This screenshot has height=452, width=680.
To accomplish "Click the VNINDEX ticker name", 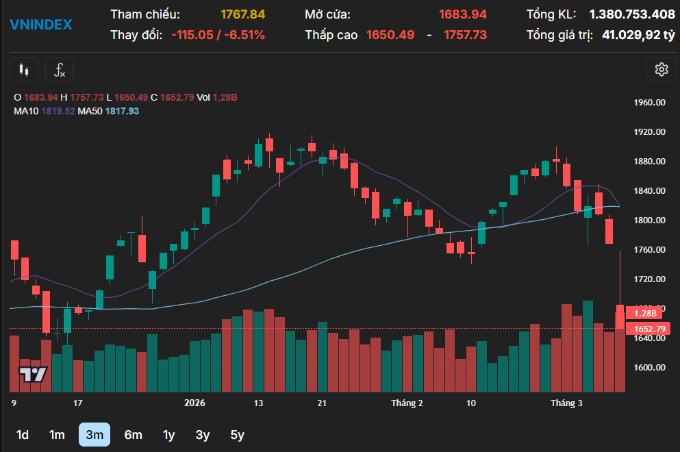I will coord(40,25).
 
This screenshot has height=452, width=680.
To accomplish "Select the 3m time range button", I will coord(95,434).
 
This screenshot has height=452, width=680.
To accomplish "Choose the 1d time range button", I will coord(23,434).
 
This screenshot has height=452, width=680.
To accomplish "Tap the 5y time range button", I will coord(237,434).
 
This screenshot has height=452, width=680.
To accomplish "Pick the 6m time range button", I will coord(133,434).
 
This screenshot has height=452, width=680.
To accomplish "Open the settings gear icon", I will coord(661,69).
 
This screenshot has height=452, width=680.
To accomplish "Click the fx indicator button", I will coord(60,69).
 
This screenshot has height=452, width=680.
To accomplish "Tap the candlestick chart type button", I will coord(25,69).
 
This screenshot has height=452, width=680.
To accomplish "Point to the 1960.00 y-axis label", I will coord(650,103).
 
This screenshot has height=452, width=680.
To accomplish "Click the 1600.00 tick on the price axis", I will coord(650,367).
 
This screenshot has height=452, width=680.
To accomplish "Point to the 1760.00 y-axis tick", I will coord(650,249).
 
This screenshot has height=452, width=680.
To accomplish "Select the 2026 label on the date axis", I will coord(195,403).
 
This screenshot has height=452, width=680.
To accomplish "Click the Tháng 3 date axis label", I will coord(566,403).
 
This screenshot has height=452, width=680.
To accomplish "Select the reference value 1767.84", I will coord(242,14).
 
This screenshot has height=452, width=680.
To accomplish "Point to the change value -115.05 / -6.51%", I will coord(218,35).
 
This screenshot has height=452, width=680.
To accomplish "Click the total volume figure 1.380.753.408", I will coord(632,14).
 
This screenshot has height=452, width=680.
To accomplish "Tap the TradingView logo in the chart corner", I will coord(33,374).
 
